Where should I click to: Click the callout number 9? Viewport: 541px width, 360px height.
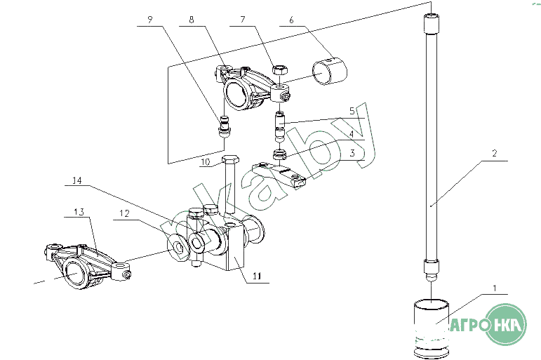click(x=149, y=20)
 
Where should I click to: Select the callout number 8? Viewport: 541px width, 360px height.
click(x=192, y=20)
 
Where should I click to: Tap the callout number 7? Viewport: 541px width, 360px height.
click(x=243, y=20)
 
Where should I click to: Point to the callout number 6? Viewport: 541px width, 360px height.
click(x=291, y=20)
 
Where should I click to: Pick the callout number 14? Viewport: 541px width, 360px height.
click(x=77, y=180)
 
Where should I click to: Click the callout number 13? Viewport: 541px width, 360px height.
click(x=79, y=212)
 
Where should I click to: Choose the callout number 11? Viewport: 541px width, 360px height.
click(x=257, y=276)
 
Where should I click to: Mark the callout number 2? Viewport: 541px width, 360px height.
click(x=495, y=153)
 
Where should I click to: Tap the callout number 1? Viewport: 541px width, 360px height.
click(x=495, y=288)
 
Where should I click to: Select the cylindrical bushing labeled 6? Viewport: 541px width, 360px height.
click(x=330, y=72)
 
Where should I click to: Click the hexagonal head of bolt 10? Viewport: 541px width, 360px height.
click(x=229, y=161)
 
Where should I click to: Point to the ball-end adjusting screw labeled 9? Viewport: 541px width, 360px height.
click(x=225, y=127)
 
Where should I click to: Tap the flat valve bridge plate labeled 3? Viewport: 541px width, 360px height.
click(x=279, y=175)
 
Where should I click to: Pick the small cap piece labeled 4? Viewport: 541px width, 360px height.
click(x=280, y=154)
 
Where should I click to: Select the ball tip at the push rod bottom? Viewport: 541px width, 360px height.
click(x=431, y=276)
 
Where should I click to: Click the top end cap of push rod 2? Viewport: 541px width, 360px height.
click(x=431, y=23)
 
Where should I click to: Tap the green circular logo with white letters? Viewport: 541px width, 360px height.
click(x=506, y=324)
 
